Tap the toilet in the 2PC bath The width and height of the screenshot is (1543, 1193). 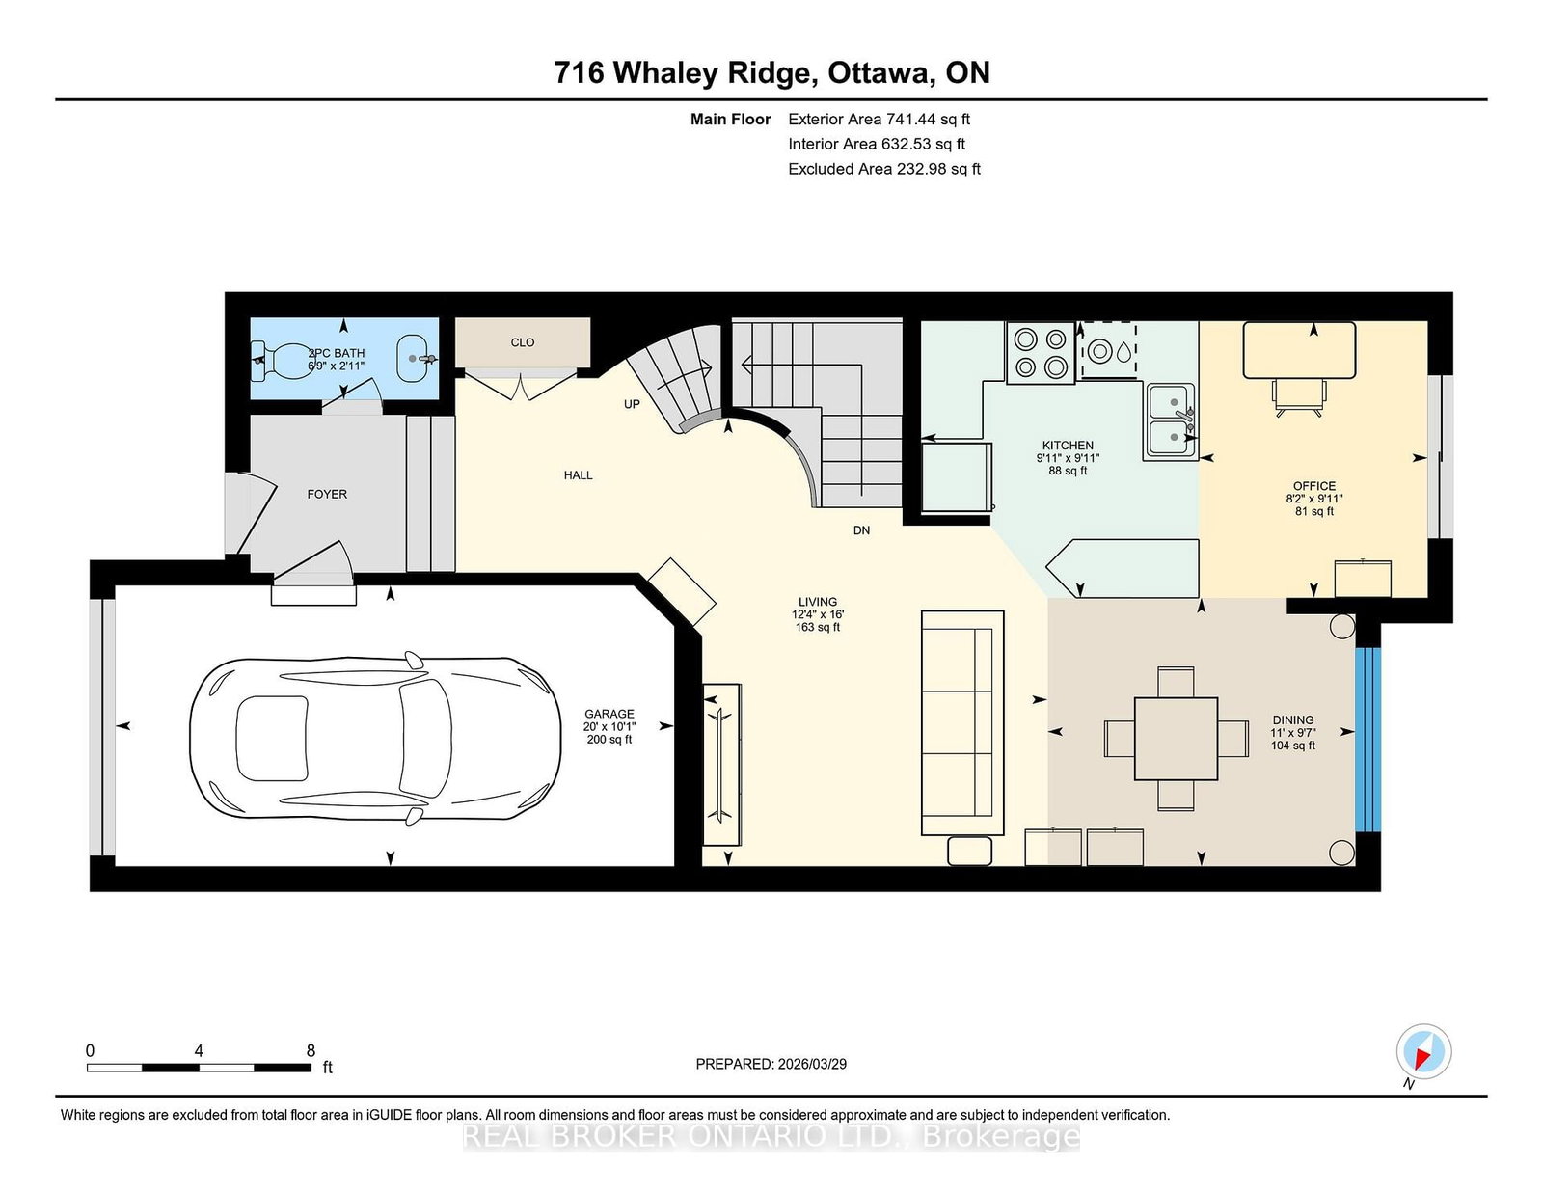click(x=280, y=359)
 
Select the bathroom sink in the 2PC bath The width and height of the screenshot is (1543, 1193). click(x=414, y=358)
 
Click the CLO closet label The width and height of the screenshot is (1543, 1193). click(x=523, y=342)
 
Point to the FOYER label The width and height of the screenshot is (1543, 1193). click(x=327, y=494)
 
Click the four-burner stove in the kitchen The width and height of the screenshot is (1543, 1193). click(x=1041, y=353)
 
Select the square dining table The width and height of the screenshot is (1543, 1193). click(x=1176, y=739)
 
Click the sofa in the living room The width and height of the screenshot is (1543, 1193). click(x=962, y=722)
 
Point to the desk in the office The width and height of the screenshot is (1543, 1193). click(x=1299, y=350)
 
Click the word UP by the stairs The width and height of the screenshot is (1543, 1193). click(x=632, y=404)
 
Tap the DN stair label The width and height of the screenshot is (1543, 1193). click(x=861, y=530)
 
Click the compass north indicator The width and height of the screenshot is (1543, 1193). click(x=1423, y=1052)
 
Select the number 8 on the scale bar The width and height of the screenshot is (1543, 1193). click(x=311, y=1050)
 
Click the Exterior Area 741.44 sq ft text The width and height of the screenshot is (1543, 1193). click(x=879, y=120)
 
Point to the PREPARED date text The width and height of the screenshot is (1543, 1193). click(x=771, y=1064)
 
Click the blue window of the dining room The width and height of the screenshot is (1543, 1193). click(x=1367, y=739)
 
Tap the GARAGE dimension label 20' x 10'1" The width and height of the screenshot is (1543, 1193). click(x=609, y=726)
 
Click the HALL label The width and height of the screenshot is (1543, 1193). click(x=579, y=475)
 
